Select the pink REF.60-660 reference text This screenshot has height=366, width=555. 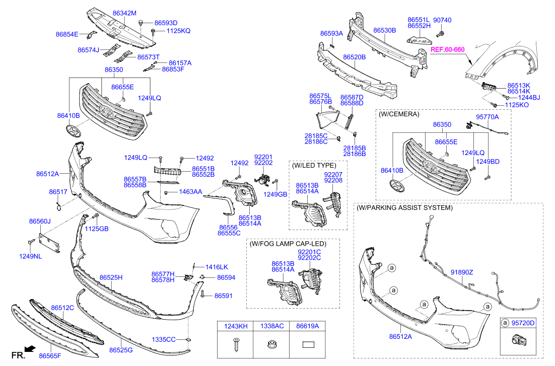(x=447, y=49)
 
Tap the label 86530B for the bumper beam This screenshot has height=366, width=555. (x=384, y=30)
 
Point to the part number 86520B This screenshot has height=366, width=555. (x=354, y=57)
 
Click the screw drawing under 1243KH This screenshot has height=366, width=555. (x=235, y=345)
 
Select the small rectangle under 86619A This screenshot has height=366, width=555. (x=308, y=345)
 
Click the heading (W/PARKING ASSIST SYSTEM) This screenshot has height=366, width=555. (x=404, y=207)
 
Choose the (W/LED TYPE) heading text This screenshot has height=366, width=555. (x=313, y=165)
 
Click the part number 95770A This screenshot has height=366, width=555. (x=487, y=117)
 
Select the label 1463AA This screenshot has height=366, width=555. (x=191, y=192)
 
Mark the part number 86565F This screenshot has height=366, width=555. (x=50, y=356)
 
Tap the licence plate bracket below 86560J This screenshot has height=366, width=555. (x=49, y=240)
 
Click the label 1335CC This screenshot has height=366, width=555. (x=164, y=339)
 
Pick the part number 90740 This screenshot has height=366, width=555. (x=442, y=20)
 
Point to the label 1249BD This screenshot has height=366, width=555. (x=488, y=161)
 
